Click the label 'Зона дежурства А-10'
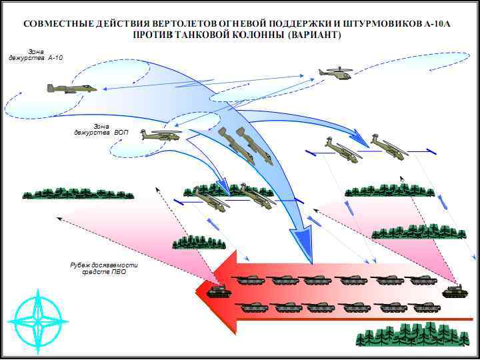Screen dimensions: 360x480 [36, 55]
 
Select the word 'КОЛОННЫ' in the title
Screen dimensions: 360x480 [254, 35]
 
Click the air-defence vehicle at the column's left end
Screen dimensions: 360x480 [219, 291]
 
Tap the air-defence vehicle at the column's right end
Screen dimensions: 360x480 [455, 291]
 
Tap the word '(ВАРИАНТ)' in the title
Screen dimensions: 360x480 [314, 35]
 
